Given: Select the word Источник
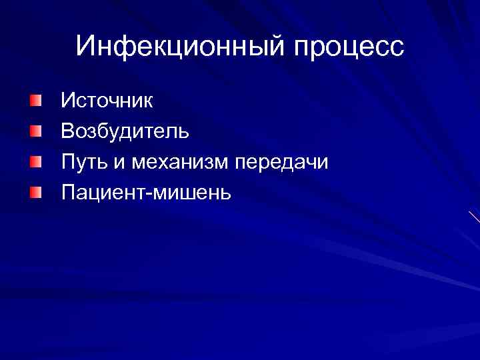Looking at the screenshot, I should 107,101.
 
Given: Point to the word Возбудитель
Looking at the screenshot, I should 125,131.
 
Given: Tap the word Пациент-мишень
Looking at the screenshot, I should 146,193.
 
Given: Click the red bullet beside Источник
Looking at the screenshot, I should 36,101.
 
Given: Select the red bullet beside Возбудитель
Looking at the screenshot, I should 36,131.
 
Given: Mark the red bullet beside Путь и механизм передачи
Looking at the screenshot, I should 36,162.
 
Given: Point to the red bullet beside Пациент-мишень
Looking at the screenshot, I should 36,193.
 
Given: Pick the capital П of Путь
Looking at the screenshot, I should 68,162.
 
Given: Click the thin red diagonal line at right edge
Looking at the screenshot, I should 474,217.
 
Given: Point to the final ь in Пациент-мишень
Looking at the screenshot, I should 225,194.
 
